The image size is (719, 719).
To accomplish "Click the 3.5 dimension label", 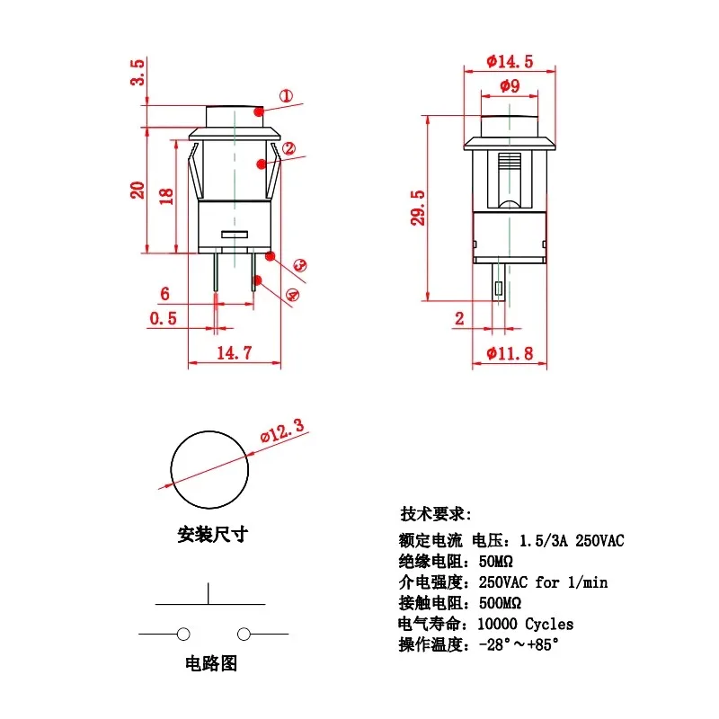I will pyautogui.click(x=138, y=72).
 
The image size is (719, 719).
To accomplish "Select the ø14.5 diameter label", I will pyautogui.click(x=510, y=61).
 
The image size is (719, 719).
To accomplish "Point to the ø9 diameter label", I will pyautogui.click(x=509, y=86).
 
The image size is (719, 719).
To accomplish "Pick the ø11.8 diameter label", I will pyautogui.click(x=510, y=353).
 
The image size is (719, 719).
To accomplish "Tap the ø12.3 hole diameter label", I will pyautogui.click(x=282, y=432).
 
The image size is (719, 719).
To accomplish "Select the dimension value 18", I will pyautogui.click(x=165, y=197).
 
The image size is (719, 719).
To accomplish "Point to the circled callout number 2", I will pyautogui.click(x=288, y=149).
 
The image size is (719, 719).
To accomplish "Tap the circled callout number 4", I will pyautogui.click(x=293, y=295).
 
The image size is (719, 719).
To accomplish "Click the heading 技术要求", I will pyautogui.click(x=435, y=514).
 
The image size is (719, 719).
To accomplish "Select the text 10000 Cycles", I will pyautogui.click(x=524, y=624).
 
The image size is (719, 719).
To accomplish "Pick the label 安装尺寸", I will pyautogui.click(x=211, y=535).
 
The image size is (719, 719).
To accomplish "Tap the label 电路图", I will pyautogui.click(x=210, y=664).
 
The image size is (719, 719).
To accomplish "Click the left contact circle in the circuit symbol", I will pyautogui.click(x=183, y=635).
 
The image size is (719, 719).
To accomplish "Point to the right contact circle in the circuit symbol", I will pyautogui.click(x=243, y=635).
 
